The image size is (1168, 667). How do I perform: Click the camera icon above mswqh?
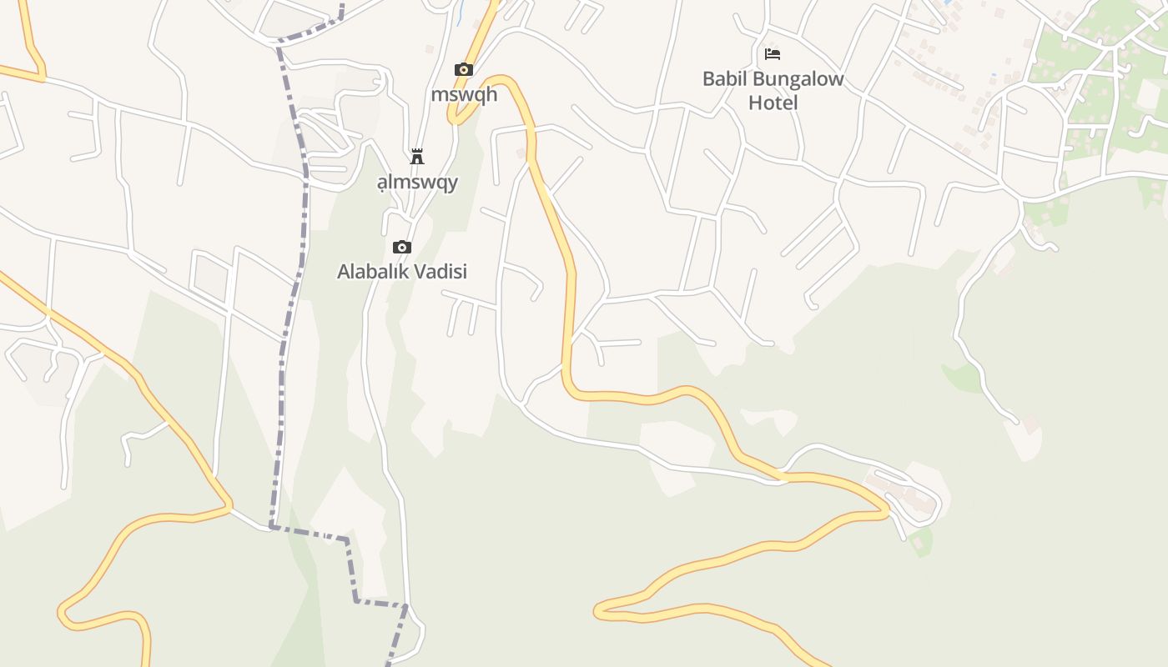(463, 69)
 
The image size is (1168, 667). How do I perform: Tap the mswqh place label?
(464, 93)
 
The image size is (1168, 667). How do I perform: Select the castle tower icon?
(417, 157)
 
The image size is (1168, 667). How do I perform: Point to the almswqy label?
(417, 182)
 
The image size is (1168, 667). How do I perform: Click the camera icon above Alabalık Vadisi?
(402, 247)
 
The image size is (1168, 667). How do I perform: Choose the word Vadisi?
(445, 271)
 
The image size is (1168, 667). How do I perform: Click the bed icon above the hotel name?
(773, 54)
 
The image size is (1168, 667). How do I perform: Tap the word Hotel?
(773, 103)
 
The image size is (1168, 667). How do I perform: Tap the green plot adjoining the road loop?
(921, 542)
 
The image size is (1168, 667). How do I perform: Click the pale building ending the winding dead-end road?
(1032, 425)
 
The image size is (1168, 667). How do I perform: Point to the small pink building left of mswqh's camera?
(430, 49)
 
